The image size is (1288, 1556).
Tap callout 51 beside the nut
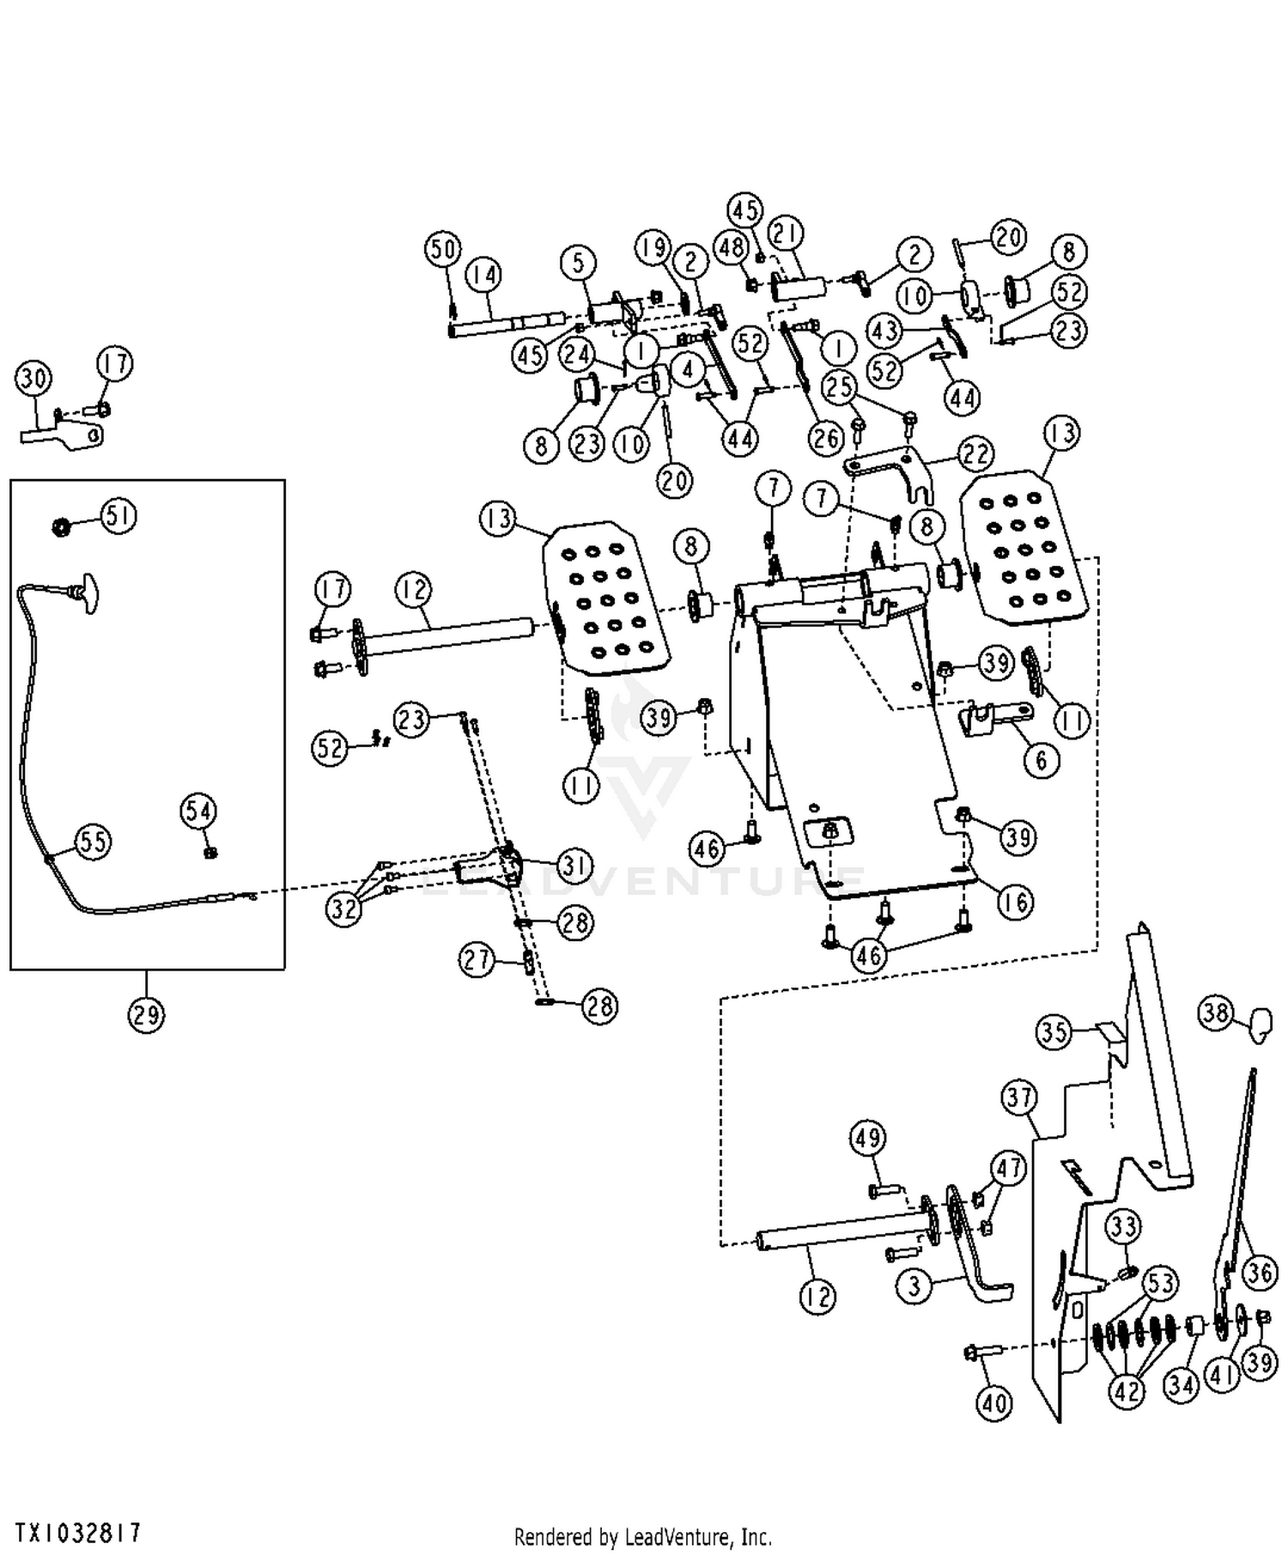pyautogui.click(x=118, y=516)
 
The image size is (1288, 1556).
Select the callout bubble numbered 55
pyautogui.click(x=93, y=841)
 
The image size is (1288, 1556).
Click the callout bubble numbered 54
pyautogui.click(x=198, y=811)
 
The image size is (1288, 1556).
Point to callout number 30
pyautogui.click(x=33, y=378)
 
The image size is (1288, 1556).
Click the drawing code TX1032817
pyautogui.click(x=77, y=1533)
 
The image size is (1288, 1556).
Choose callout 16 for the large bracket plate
pyautogui.click(x=1015, y=902)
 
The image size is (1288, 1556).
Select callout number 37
pyautogui.click(x=1019, y=1097)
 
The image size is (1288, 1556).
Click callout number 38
pyautogui.click(x=1216, y=1013)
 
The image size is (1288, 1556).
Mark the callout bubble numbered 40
pyautogui.click(x=994, y=1403)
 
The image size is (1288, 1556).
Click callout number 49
pyautogui.click(x=867, y=1139)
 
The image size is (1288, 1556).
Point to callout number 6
pyautogui.click(x=1042, y=760)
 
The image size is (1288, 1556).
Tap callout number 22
pyautogui.click(x=975, y=453)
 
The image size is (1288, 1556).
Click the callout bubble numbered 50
pyautogui.click(x=443, y=250)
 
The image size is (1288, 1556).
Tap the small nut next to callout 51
pyautogui.click(x=62, y=525)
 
